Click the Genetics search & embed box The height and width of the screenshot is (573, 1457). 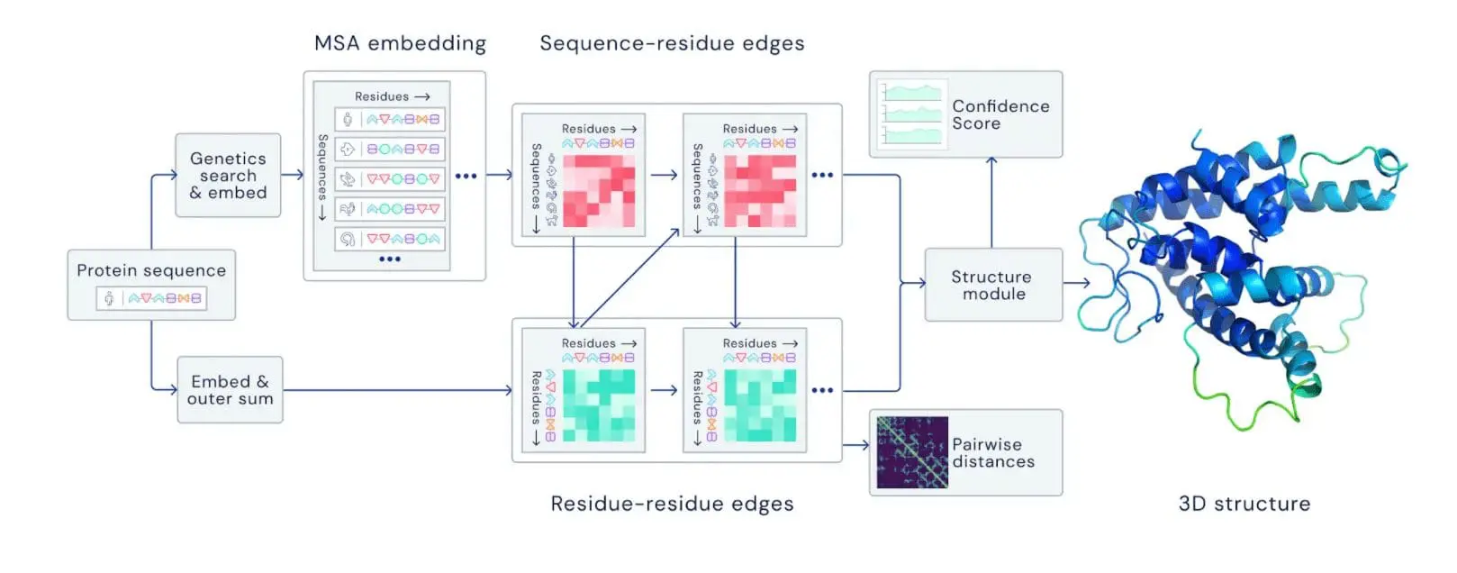tap(228, 175)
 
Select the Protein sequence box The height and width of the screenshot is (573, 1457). tap(151, 284)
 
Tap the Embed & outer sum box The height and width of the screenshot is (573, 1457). tap(230, 389)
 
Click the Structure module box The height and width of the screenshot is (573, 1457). tap(992, 285)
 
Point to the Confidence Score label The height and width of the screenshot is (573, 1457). tap(1000, 114)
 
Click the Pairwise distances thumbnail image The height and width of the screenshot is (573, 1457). tap(911, 452)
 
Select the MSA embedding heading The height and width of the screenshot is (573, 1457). tap(400, 43)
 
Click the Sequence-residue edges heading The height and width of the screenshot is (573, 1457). tap(672, 43)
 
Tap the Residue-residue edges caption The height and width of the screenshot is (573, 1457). tap(672, 504)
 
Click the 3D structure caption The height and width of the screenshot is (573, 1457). tap(1244, 504)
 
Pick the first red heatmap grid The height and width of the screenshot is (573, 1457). tap(599, 191)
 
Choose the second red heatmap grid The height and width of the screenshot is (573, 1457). tap(760, 191)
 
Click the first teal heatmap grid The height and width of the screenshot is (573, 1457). tap(599, 405)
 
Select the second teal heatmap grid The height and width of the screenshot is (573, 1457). tap(760, 405)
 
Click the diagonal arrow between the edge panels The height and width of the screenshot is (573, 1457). tap(630, 277)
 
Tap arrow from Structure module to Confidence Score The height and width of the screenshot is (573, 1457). tap(991, 203)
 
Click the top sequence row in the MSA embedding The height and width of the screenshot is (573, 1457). tap(390, 119)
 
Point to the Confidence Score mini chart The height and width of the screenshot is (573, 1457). tap(912, 114)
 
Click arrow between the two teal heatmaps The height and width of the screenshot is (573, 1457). tap(664, 390)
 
